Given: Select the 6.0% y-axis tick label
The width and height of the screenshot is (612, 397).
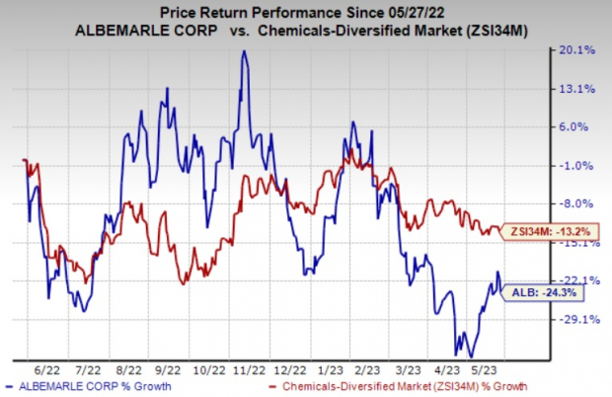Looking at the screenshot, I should [577, 127].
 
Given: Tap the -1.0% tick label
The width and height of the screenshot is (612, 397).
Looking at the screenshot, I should [576, 166].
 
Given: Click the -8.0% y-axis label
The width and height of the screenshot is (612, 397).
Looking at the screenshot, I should [576, 204].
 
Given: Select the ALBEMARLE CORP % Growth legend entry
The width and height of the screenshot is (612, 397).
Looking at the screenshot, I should [75, 385].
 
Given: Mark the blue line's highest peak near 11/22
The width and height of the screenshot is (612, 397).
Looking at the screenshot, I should [243, 51].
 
